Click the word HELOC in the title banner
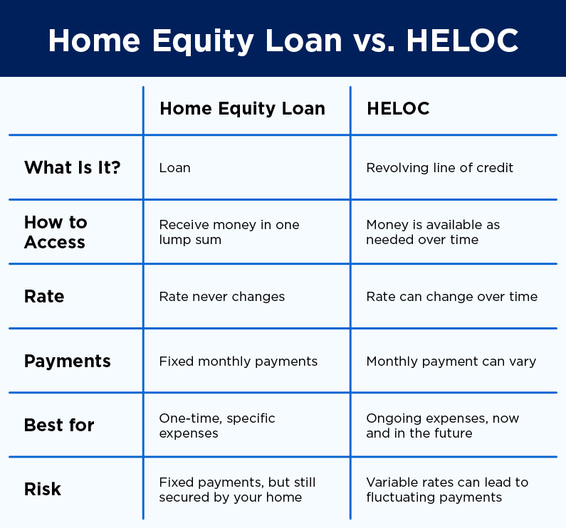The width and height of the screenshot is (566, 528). pyautogui.click(x=462, y=41)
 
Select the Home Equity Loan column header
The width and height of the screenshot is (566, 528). pyautogui.click(x=242, y=109)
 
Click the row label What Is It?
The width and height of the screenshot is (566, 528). pyautogui.click(x=73, y=168)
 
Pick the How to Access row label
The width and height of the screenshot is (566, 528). pyautogui.click(x=56, y=232)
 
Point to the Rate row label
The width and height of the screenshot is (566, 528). pyautogui.click(x=44, y=296)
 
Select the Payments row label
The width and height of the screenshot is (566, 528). pyautogui.click(x=68, y=361)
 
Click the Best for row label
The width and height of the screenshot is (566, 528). pyautogui.click(x=59, y=425)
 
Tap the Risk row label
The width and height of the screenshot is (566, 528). pyautogui.click(x=43, y=489)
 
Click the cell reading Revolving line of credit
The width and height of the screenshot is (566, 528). pyautogui.click(x=439, y=168)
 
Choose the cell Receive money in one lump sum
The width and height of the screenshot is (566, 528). pyautogui.click(x=229, y=232)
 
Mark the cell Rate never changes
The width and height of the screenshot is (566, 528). pyautogui.click(x=222, y=297)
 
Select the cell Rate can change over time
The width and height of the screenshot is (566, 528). pyautogui.click(x=451, y=297)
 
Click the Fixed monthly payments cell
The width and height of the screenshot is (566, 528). pyautogui.click(x=239, y=361)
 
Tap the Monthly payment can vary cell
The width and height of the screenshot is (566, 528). pyautogui.click(x=451, y=361)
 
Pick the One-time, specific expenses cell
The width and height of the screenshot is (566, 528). pyautogui.click(x=217, y=425)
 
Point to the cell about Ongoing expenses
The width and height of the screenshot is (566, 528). pyautogui.click(x=442, y=425)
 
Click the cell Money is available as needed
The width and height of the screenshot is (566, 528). pyautogui.click(x=433, y=232)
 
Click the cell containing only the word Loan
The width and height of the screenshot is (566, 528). pyautogui.click(x=174, y=168)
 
